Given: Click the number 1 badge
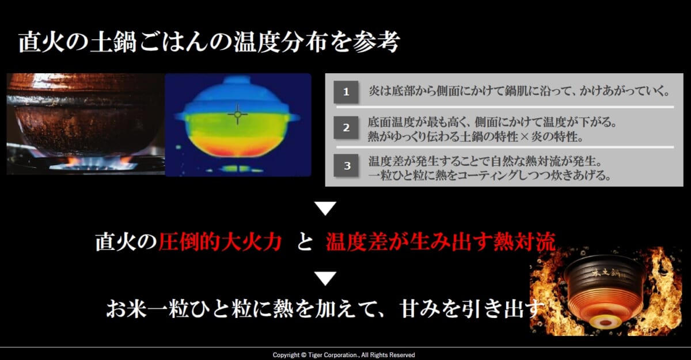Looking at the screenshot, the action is point(346,92).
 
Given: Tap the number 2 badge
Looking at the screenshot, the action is point(346,127).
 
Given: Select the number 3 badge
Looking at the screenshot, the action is point(346,166).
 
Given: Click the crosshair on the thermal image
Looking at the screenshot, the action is point(237,115).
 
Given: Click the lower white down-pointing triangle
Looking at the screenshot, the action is point(325,278).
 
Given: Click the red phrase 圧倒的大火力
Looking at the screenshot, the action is point(220,241).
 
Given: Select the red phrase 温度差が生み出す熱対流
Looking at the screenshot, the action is point(441,241).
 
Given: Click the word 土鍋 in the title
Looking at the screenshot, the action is point(113,42).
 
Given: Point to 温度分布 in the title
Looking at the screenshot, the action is point(279,42).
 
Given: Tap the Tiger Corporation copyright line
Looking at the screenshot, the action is point(344,355).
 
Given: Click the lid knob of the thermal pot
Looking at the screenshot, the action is point(237,80).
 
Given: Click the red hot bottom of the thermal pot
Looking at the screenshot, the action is point(237,150).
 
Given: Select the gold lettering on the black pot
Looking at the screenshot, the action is point(606,273).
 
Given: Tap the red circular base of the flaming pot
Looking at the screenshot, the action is point(605,323).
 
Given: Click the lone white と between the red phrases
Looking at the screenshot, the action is point(305,242).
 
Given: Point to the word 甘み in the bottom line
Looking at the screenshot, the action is point(420,309).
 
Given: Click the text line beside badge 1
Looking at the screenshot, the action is point(519,92).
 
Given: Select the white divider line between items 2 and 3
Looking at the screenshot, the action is point(505,147).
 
